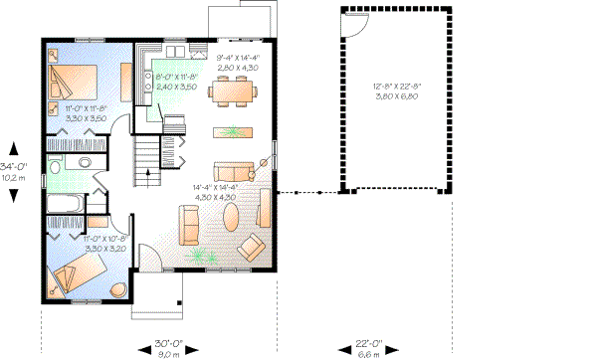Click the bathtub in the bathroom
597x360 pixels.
67,205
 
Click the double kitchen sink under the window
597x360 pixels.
174,50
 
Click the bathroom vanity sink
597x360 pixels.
84,163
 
